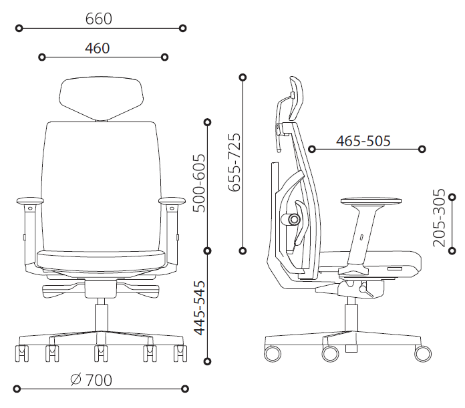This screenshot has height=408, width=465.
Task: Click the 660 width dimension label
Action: pos(98,19)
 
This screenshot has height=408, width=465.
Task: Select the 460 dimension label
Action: pos(98,48)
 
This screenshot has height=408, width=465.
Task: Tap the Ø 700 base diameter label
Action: pos(91,380)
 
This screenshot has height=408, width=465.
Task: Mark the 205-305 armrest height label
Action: pos(438,218)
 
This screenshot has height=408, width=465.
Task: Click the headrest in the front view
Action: pos(103,97)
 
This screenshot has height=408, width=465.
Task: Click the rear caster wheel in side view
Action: pos(273,352)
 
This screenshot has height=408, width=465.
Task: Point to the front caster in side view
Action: pos(422,352)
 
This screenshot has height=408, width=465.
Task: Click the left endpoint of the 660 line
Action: pos(19,28)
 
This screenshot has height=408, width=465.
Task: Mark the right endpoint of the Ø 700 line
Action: pos(184,388)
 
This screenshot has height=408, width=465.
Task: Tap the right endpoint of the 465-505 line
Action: pos(422,149)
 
